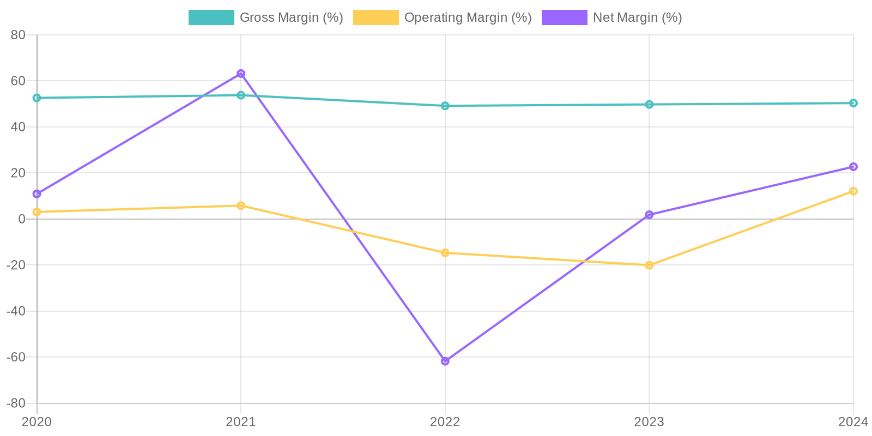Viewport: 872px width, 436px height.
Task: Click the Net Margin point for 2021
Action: pyautogui.click(x=241, y=74)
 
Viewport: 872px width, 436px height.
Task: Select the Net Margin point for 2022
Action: pyautogui.click(x=445, y=361)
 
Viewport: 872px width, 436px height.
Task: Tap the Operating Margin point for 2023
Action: pyautogui.click(x=649, y=265)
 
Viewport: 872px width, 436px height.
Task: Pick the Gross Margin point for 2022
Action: pyautogui.click(x=445, y=106)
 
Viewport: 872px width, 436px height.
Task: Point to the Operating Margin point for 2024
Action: pyautogui.click(x=853, y=191)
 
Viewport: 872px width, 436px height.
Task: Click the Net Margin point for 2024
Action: pyautogui.click(x=853, y=167)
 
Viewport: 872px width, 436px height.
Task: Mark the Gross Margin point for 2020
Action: pyautogui.click(x=37, y=98)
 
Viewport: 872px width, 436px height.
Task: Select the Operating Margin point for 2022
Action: pyautogui.click(x=445, y=253)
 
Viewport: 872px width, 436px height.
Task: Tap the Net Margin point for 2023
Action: pyautogui.click(x=649, y=215)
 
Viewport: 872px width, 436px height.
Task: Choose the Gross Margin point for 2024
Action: pyautogui.click(x=853, y=103)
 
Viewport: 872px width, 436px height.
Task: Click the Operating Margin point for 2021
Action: pyautogui.click(x=241, y=205)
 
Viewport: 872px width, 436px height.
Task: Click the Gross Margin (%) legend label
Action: pyautogui.click(x=291, y=17)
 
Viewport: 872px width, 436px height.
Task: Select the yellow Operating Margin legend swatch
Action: pyautogui.click(x=376, y=17)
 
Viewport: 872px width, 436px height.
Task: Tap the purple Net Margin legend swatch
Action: pyautogui.click(x=564, y=17)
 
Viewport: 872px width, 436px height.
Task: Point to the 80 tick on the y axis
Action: pyautogui.click(x=18, y=35)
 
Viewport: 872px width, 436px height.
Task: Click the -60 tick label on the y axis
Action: pyautogui.click(x=16, y=357)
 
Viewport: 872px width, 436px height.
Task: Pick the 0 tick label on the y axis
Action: pyautogui.click(x=22, y=219)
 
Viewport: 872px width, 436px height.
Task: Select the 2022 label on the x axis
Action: pyautogui.click(x=445, y=422)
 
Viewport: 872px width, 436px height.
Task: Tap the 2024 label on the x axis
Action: pyautogui.click(x=853, y=422)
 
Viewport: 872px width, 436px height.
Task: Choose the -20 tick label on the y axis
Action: pyautogui.click(x=16, y=265)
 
